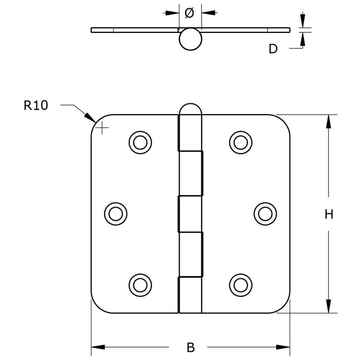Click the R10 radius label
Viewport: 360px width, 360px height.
click(35, 106)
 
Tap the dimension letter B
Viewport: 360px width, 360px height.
click(191, 347)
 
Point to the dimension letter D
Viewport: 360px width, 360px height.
click(273, 49)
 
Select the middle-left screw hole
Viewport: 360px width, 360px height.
click(115, 212)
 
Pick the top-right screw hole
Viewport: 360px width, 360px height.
click(240, 141)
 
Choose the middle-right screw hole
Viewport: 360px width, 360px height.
click(264, 212)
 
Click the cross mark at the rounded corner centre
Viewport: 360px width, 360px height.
click(103, 127)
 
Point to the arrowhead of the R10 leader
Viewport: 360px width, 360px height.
click(92, 120)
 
